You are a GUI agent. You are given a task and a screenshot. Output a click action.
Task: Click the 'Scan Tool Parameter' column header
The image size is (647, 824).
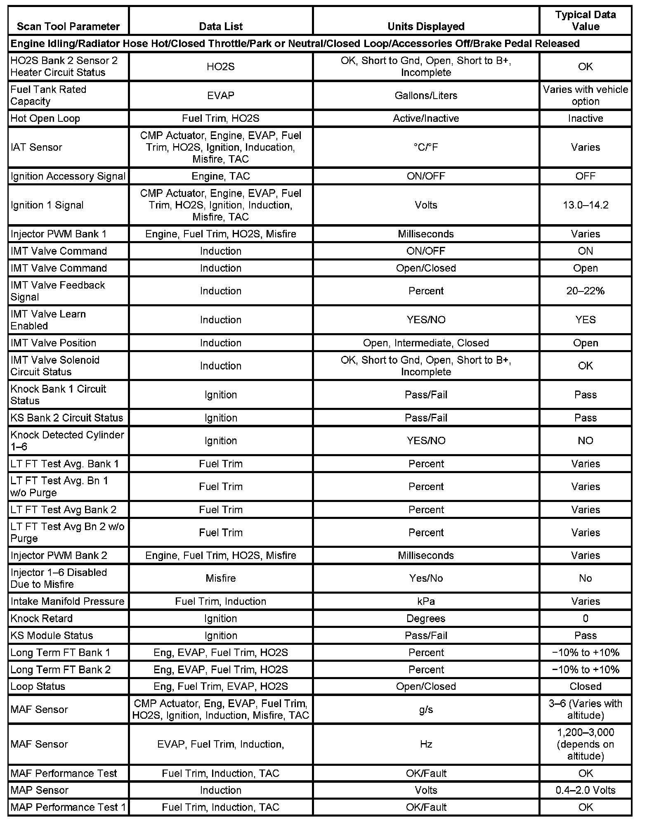[68, 26]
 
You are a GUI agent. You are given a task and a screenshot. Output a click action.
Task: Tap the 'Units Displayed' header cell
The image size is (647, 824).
[426, 26]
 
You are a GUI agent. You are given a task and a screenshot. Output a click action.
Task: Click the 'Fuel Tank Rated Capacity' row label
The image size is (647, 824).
[48, 95]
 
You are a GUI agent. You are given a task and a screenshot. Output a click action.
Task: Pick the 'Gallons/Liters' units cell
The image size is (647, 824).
[426, 95]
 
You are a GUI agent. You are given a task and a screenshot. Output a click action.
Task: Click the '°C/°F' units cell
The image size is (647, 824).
[426, 147]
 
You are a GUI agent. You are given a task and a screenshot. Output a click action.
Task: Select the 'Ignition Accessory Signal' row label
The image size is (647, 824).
[68, 176]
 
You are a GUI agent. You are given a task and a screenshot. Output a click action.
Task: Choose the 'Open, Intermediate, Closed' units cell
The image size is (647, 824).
[426, 343]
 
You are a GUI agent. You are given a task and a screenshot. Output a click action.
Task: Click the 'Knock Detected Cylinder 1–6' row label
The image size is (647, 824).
[67, 440]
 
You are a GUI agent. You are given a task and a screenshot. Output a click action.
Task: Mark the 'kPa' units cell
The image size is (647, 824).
[426, 601]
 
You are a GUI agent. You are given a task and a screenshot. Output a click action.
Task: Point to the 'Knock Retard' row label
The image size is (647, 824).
[41, 618]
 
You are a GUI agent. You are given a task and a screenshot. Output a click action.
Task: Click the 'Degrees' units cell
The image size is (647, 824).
[426, 618]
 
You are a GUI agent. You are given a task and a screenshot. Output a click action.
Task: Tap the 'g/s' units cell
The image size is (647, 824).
[426, 710]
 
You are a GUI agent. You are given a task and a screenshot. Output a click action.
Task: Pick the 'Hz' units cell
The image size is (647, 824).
[426, 744]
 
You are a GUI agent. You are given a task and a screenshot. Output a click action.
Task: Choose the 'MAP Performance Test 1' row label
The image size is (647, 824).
[68, 807]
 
